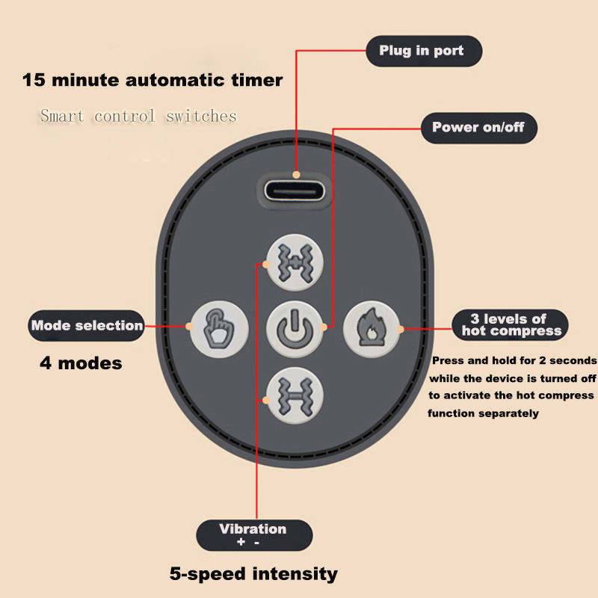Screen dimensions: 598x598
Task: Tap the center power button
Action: pyautogui.click(x=295, y=327)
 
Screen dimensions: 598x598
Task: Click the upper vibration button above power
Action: pyautogui.click(x=295, y=262)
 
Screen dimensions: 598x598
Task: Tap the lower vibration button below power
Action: pyautogui.click(x=295, y=393)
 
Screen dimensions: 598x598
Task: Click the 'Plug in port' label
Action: pyautogui.click(x=422, y=51)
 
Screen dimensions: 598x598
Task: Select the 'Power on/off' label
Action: pyautogui.click(x=478, y=127)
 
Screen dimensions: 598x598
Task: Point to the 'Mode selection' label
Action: pyautogui.click(x=87, y=326)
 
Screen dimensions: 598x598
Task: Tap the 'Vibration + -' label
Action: pyautogui.click(x=253, y=535)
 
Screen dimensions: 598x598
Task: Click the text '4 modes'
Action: pyautogui.click(x=80, y=364)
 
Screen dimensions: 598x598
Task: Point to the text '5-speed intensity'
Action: pyautogui.click(x=253, y=574)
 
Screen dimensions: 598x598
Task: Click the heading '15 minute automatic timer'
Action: pyautogui.click(x=152, y=80)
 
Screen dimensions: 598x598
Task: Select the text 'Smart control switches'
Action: pyautogui.click(x=138, y=116)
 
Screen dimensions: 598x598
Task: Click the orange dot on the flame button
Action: pyautogui.click(x=401, y=327)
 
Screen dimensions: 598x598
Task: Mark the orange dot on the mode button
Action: pyautogui.click(x=187, y=326)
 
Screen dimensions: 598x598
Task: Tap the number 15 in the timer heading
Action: pyautogui.click(x=34, y=80)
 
